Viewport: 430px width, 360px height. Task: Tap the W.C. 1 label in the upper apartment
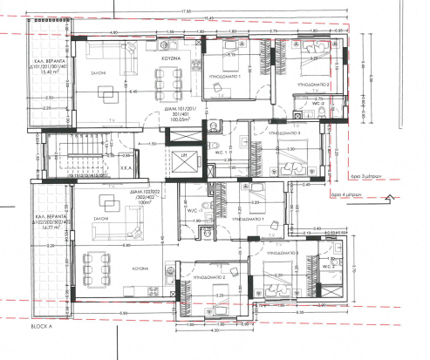(x=220, y=153)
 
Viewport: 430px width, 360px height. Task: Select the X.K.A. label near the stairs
(x=125, y=166)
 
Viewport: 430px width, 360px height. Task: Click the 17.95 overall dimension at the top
(x=187, y=12)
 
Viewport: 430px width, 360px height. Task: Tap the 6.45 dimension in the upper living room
(x=133, y=91)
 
